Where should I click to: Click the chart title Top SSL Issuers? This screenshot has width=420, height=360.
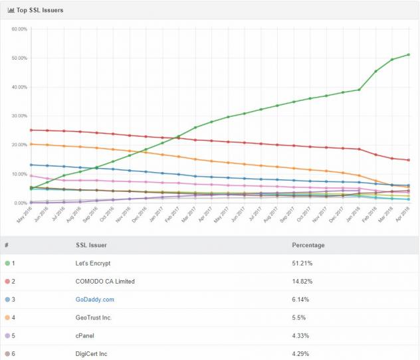[40, 10]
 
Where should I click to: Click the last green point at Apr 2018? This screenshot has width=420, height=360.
[408, 54]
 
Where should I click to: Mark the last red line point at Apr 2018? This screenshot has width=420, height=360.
[408, 160]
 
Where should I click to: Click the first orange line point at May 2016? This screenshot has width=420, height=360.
[31, 144]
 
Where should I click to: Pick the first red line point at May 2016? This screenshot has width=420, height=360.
[31, 130]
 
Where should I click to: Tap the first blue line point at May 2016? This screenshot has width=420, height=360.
[31, 165]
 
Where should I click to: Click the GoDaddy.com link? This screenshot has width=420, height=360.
[95, 300]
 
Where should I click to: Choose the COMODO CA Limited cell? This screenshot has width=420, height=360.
[105, 282]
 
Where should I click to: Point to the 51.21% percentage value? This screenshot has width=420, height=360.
[303, 263]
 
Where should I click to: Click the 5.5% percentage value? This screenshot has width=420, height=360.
[300, 317]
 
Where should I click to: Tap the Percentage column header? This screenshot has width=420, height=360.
[308, 245]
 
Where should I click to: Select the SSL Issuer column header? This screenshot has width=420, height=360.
[92, 245]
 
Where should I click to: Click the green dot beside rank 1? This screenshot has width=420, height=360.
[7, 263]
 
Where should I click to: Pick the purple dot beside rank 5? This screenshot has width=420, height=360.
[7, 336]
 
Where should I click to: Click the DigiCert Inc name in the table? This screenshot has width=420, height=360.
[93, 354]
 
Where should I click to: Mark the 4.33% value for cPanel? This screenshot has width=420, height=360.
[302, 336]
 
